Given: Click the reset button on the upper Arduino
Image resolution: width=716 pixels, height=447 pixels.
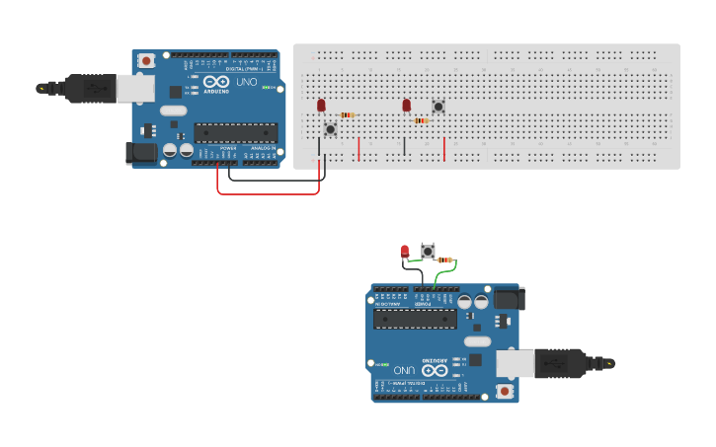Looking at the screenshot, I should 146,61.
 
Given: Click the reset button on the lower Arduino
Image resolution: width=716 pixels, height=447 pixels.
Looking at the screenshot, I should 505,391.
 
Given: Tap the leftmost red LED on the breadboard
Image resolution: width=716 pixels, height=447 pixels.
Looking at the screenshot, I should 321,106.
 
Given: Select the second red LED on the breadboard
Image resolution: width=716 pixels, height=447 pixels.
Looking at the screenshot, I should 406,105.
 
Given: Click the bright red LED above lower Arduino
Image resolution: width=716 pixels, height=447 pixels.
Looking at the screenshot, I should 404,251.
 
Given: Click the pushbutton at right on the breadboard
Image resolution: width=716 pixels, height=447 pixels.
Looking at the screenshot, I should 438,107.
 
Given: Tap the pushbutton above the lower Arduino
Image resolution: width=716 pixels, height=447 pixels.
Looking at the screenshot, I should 428,251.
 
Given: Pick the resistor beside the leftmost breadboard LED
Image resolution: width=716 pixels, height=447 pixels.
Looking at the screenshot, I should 347,115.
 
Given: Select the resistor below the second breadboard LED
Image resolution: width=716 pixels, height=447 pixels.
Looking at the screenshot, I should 422,120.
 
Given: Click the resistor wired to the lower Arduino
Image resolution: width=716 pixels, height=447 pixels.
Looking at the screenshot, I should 445,260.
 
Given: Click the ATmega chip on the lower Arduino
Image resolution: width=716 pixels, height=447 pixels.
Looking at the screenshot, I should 416,318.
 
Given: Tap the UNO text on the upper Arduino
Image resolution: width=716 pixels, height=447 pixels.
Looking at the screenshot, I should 246,82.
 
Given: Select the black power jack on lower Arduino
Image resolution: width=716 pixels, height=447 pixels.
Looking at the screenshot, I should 509,297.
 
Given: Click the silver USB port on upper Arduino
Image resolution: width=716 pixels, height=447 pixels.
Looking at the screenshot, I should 135,89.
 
